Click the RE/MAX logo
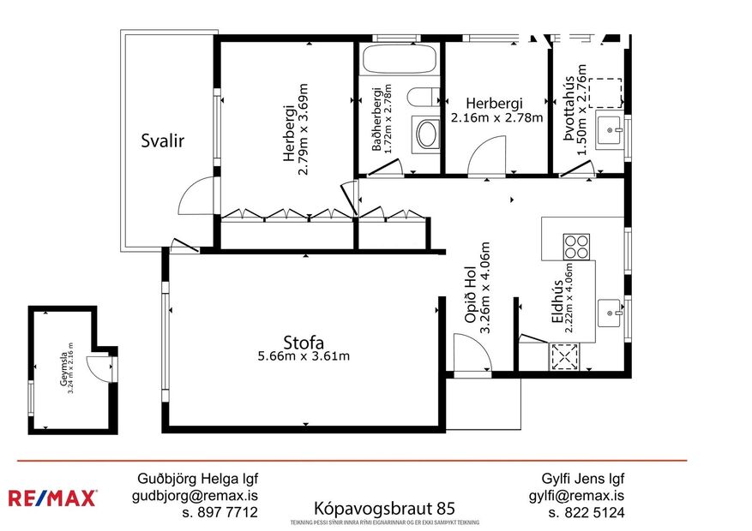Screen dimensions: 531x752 pos(53,498)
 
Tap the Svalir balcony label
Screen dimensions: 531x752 pos(163,141)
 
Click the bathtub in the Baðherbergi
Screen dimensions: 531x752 pos(398,63)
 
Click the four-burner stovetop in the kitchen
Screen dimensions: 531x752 pos(576,247)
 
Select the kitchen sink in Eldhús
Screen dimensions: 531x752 pos(611,309)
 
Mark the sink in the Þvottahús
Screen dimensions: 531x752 pos(611,131)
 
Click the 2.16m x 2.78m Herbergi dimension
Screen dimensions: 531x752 pos(497,118)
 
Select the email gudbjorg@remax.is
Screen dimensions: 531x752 pos(195,496)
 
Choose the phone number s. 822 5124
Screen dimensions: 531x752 pos(587,513)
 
